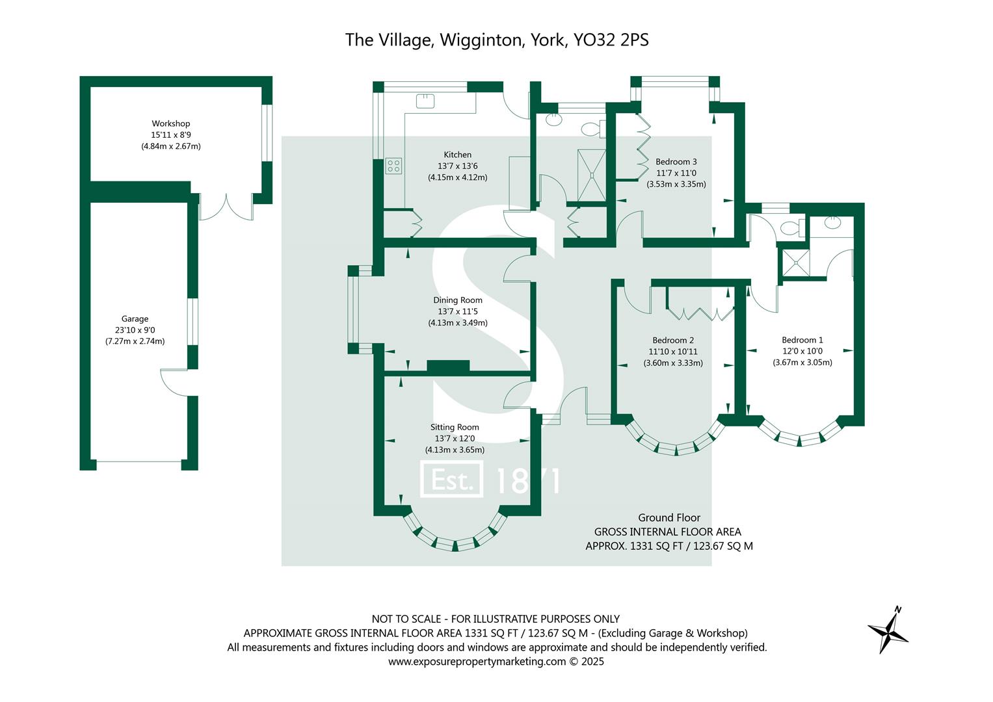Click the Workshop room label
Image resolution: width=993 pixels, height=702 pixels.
[170, 123]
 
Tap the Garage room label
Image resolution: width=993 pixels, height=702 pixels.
[135, 318]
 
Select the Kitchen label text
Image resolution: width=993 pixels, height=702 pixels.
[457, 155]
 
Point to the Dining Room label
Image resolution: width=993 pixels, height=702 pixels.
[457, 300]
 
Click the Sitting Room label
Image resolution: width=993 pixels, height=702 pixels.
[455, 427]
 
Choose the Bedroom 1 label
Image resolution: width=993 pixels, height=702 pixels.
[802, 340]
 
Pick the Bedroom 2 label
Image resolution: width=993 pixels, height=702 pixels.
[673, 340]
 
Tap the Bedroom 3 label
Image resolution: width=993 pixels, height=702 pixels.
[676, 162]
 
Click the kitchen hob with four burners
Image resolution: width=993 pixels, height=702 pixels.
[393, 166]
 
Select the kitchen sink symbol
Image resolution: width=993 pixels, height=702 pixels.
[425, 101]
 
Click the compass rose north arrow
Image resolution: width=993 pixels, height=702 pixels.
[888, 629]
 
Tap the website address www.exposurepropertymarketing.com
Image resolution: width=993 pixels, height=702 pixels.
[477, 662]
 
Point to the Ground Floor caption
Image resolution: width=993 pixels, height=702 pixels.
[669, 517]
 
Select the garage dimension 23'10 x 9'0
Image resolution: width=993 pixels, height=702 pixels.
[135, 330]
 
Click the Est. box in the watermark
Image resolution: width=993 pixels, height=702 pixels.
[452, 480]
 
